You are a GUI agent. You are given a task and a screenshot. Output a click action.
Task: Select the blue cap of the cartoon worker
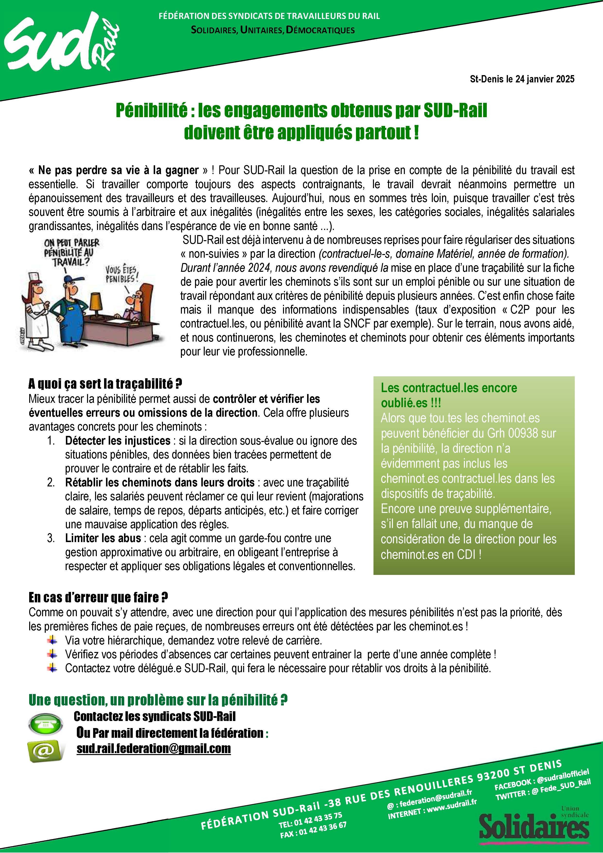tap(70, 279)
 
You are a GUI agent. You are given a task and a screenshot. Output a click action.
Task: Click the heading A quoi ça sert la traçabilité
tap(105, 383)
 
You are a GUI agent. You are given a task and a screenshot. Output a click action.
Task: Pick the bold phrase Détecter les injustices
tap(118, 441)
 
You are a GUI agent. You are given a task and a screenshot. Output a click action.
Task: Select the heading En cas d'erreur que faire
tap(98, 598)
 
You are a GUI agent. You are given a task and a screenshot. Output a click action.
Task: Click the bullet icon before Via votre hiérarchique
tap(52, 640)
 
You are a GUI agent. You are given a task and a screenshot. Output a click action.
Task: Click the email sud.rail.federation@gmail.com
tap(153, 748)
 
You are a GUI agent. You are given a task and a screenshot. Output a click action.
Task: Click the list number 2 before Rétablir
tap(51, 483)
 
